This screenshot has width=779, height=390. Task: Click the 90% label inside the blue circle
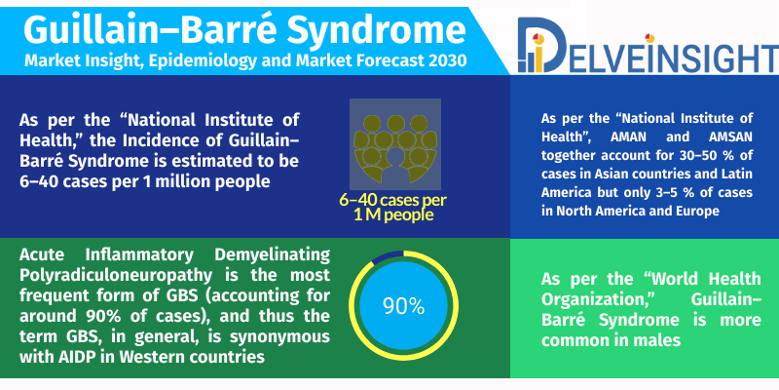[403, 306]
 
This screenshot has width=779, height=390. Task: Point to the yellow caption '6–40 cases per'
[392, 200]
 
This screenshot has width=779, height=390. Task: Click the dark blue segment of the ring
[388, 256]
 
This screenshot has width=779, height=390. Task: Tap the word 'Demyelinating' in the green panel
[273, 254]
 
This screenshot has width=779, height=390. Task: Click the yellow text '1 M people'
[394, 214]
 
